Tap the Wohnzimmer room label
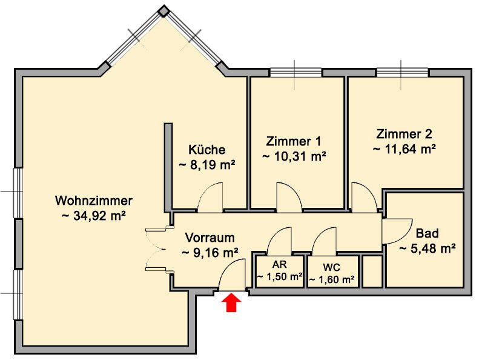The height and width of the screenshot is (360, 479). [94, 201]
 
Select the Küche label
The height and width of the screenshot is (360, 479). [207, 150]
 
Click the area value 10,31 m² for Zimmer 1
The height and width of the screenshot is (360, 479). [294, 156]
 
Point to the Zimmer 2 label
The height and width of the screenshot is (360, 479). [404, 134]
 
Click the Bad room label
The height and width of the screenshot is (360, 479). [428, 233]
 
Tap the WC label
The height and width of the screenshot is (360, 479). [332, 268]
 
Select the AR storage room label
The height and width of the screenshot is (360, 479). [279, 264]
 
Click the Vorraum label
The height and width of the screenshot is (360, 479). [210, 238]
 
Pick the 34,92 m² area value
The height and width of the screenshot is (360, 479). [94, 216]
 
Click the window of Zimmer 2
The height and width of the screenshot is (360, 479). [403, 73]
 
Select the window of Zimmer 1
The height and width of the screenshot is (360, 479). [296, 73]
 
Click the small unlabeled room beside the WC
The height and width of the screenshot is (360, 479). [372, 272]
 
